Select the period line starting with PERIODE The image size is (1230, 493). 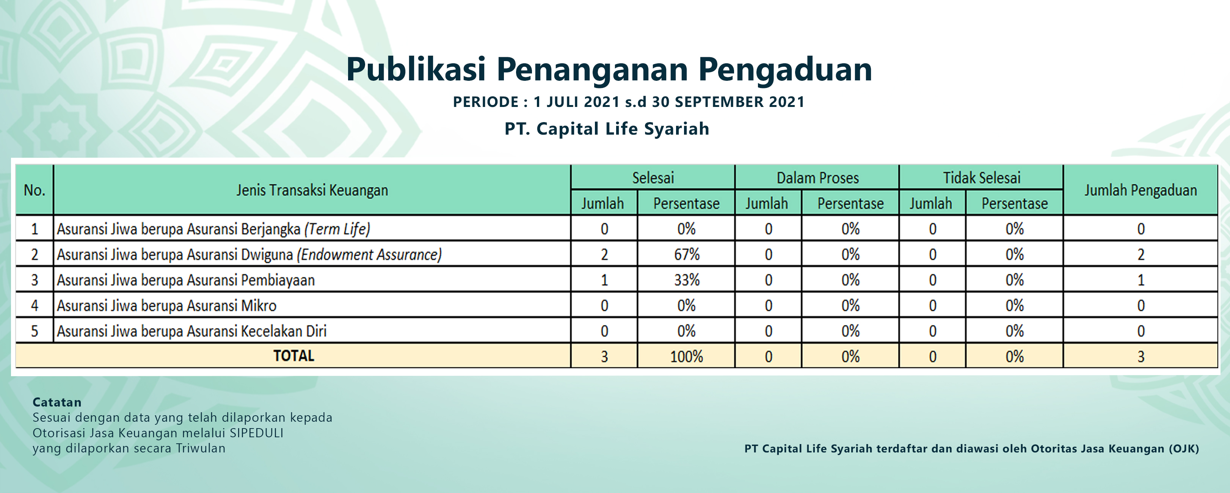point(628,102)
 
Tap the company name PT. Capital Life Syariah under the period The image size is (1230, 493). point(607,129)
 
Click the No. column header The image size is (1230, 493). point(35,190)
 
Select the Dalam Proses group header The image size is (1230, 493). point(817,178)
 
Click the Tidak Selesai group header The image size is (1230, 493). point(982,178)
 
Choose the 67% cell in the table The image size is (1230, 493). point(687,254)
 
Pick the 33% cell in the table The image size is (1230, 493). point(687,279)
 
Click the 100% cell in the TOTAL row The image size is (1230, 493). point(687,356)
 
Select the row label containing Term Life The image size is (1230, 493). point(213,229)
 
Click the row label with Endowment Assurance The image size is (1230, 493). point(249,254)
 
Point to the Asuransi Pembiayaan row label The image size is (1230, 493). point(186,280)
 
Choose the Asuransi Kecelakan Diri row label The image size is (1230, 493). point(191,331)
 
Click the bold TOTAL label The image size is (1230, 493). point(293,356)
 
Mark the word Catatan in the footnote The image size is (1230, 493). point(57,402)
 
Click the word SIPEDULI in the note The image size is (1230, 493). point(256,433)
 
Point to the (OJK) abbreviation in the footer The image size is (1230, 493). point(1184,449)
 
